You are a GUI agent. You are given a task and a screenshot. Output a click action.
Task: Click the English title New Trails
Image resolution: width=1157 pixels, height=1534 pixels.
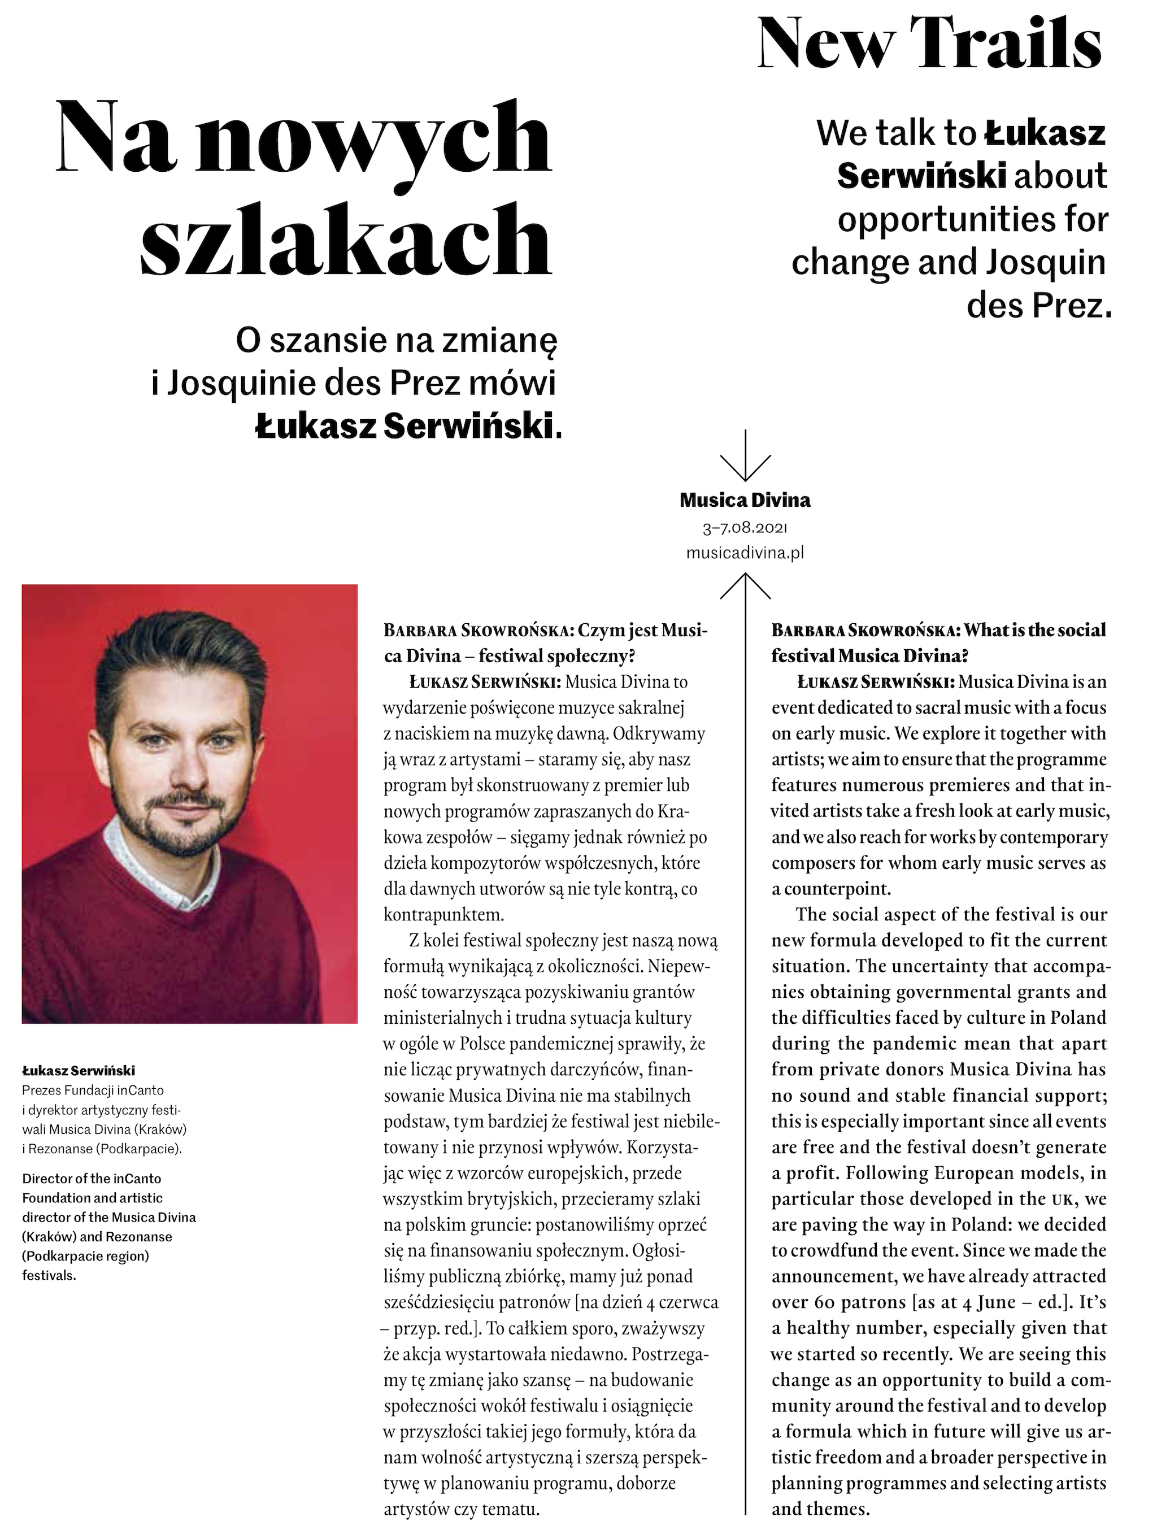(929, 43)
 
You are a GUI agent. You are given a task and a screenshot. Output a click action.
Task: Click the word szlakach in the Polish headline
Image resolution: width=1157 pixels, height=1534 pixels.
(346, 239)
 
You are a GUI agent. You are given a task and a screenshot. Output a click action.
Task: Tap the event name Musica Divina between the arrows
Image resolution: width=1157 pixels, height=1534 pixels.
(745, 500)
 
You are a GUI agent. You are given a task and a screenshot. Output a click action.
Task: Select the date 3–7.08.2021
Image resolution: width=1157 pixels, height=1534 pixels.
(745, 528)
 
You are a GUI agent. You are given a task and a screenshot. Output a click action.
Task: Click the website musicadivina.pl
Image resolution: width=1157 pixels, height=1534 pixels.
(745, 553)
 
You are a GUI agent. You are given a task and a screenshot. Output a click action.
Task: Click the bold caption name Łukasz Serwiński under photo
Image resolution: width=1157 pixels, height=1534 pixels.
(79, 1070)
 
